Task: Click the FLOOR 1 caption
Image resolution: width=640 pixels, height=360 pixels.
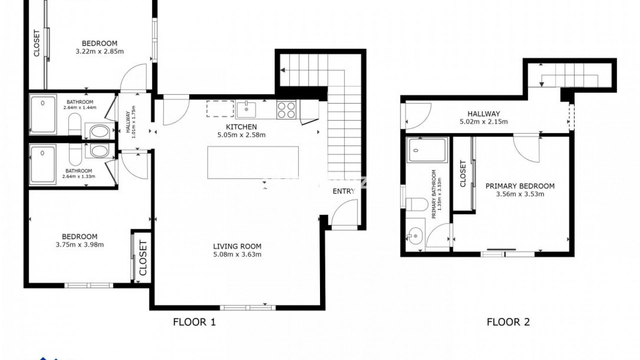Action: (194, 322)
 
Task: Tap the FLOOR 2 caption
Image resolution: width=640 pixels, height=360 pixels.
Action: (508, 322)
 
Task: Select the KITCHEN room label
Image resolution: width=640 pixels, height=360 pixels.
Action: (241, 127)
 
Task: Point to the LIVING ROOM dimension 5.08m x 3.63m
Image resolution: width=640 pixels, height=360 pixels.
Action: (237, 255)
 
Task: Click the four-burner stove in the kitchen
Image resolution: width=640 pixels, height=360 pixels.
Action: (286, 110)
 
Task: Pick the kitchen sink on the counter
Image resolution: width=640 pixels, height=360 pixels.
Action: (246, 110)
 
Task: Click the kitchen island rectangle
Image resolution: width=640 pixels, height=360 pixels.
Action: (253, 163)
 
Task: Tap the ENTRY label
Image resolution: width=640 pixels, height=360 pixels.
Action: (344, 191)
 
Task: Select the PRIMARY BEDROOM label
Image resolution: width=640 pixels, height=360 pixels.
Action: (520, 186)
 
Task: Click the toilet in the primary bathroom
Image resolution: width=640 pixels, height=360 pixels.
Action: (417, 204)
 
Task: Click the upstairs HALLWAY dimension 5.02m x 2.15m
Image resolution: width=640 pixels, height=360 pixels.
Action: (484, 122)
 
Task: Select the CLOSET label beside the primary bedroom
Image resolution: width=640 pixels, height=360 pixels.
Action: (463, 174)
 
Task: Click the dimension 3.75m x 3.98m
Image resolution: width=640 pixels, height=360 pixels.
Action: (80, 245)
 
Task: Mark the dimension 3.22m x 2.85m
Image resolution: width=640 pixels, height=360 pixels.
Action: (100, 52)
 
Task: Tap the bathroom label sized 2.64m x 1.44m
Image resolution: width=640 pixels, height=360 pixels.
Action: (80, 105)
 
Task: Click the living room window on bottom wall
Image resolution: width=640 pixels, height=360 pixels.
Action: (248, 308)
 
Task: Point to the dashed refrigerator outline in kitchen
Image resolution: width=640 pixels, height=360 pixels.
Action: (220, 109)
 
